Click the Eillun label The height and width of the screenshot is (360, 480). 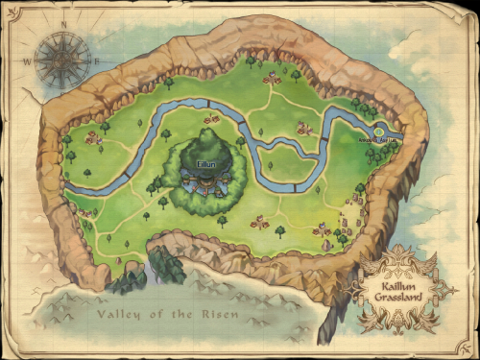point(206,164)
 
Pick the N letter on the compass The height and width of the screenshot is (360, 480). point(64,27)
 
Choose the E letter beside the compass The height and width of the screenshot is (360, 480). point(97,60)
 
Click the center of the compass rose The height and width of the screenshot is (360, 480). point(62,60)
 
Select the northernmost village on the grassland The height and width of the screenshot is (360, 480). point(272,78)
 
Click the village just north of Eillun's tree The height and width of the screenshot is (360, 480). point(212,119)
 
